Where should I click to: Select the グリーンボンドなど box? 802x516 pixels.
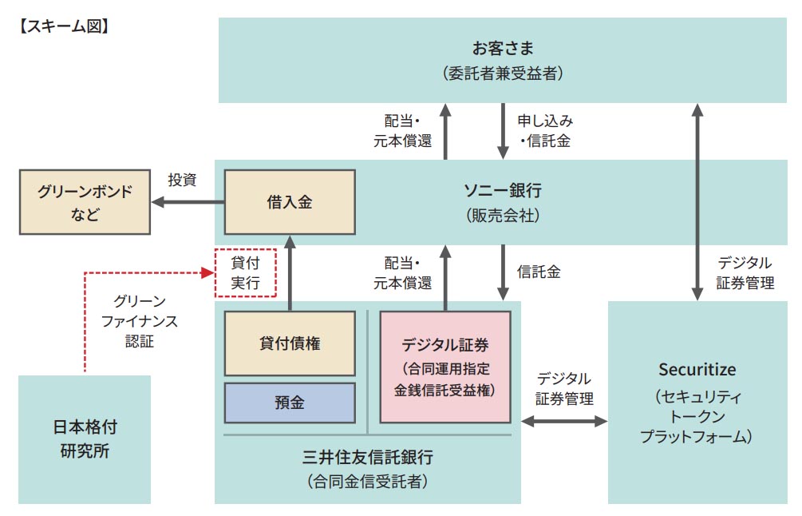pyautogui.click(x=84, y=202)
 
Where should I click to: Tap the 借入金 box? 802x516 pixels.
pyautogui.click(x=290, y=202)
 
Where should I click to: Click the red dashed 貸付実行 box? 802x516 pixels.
pyautogui.click(x=245, y=273)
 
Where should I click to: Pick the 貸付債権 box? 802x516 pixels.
pyautogui.click(x=290, y=343)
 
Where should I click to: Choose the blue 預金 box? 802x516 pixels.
pyautogui.click(x=290, y=403)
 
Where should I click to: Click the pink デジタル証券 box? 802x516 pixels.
pyautogui.click(x=445, y=367)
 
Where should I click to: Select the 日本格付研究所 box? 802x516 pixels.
pyautogui.click(x=84, y=439)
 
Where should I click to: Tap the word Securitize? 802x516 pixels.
pyautogui.click(x=697, y=370)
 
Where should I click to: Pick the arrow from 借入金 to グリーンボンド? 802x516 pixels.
pyautogui.click(x=188, y=202)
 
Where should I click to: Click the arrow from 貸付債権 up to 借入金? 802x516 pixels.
pyautogui.click(x=290, y=272)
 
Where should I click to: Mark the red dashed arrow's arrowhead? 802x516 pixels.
pyautogui.click(x=208, y=273)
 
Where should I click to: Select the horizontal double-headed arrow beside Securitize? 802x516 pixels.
pyautogui.click(x=564, y=420)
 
